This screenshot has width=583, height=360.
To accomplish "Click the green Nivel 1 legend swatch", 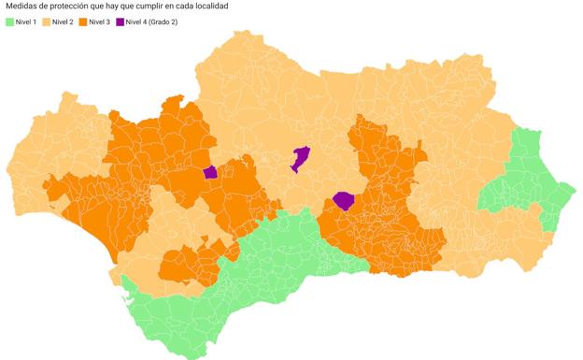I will (9, 22).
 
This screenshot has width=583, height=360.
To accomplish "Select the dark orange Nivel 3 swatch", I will (84, 22).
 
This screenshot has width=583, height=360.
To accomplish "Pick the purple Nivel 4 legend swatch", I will (120, 22).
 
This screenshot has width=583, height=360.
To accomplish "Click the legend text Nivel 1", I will (26, 22).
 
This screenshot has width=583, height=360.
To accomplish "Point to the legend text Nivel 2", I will (64, 22).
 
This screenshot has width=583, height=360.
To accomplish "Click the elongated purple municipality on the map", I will (300, 158).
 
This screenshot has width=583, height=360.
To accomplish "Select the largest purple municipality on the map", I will (344, 201).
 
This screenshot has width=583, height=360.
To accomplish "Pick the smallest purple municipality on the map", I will (210, 172).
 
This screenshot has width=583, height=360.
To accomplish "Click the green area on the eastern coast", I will (528, 182).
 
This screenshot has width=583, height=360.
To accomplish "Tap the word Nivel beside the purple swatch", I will (136, 22).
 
